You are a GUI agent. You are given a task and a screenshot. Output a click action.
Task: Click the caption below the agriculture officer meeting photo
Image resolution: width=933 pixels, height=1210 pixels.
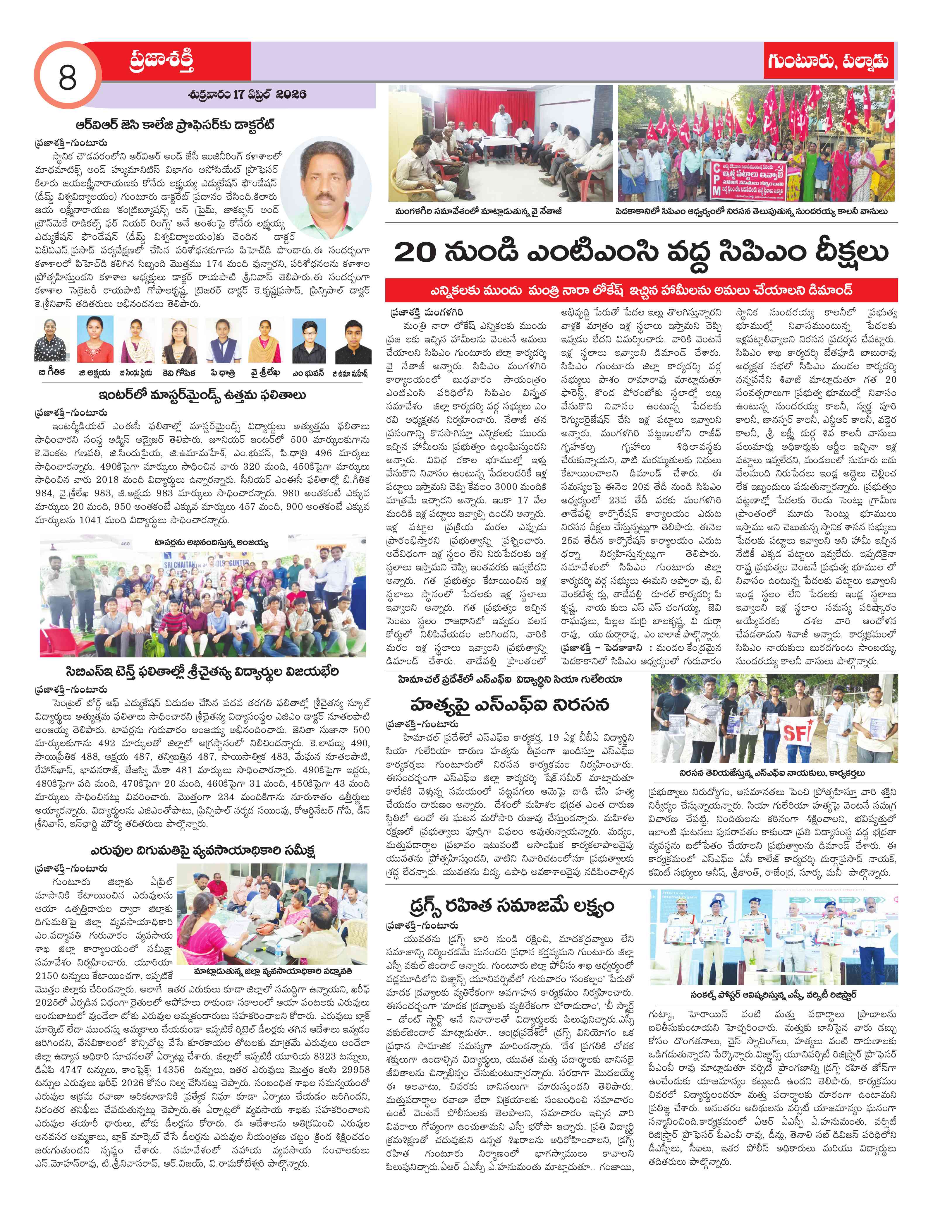tap(273, 972)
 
